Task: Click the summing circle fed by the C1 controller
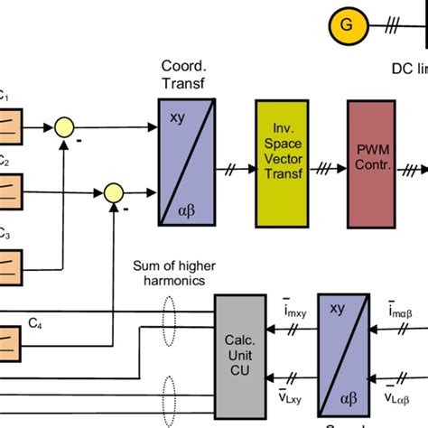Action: [63, 127]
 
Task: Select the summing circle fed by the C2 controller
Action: [114, 192]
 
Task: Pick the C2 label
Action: [4, 163]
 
